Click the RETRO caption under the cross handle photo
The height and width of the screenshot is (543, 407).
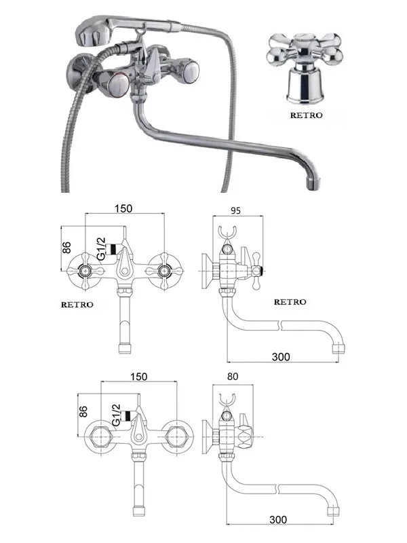click(307, 115)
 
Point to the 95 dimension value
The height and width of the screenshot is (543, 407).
click(235, 210)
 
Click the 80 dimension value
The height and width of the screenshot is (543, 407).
click(233, 377)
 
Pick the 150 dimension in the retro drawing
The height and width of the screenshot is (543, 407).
click(123, 208)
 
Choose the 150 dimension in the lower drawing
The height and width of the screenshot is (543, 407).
click(139, 377)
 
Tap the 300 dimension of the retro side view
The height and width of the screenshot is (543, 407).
click(281, 357)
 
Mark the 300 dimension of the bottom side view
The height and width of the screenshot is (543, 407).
click(278, 519)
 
